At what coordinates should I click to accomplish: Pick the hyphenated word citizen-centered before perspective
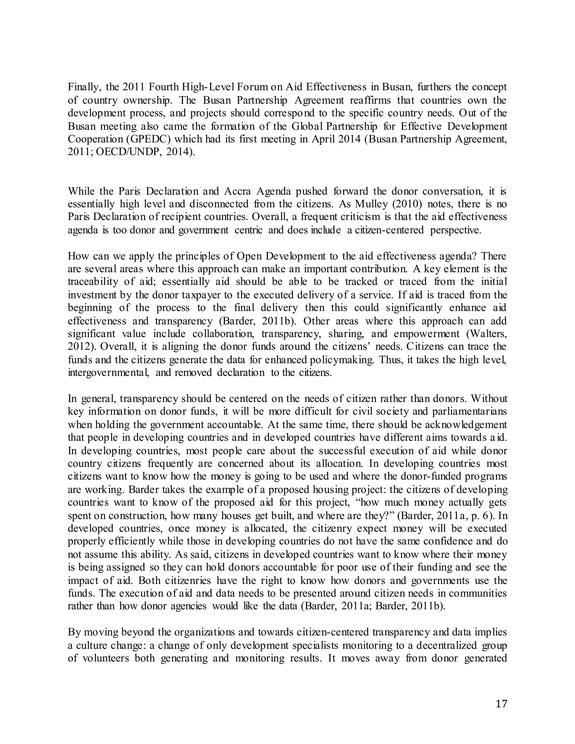[389, 230]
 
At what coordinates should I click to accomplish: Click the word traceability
[90, 282]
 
